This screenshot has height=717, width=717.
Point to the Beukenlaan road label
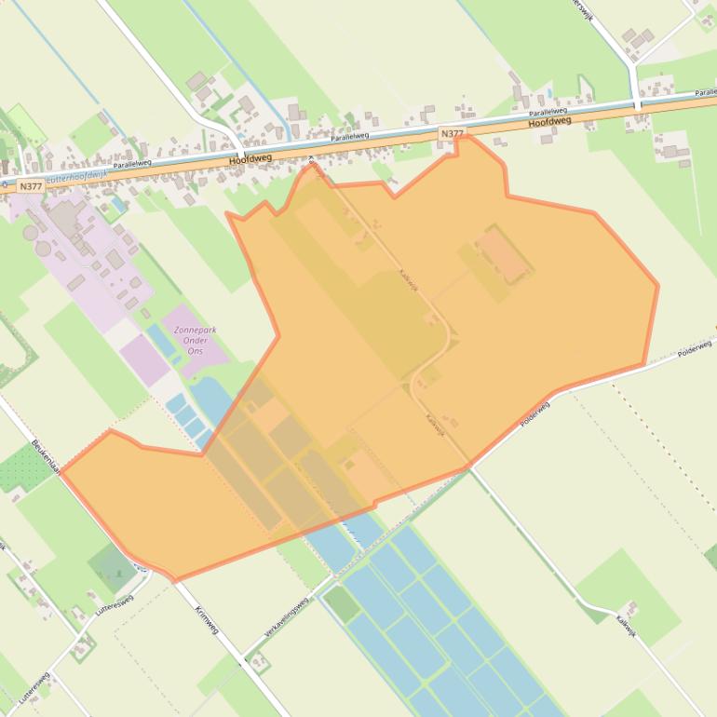click(x=46, y=455)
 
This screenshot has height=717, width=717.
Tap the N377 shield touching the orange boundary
click(x=452, y=134)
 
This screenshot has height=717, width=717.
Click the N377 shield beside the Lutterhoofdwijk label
click(x=30, y=186)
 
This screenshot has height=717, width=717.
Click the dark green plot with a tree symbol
click(x=111, y=565)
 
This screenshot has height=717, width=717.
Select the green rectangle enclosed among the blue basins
click(x=341, y=604)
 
